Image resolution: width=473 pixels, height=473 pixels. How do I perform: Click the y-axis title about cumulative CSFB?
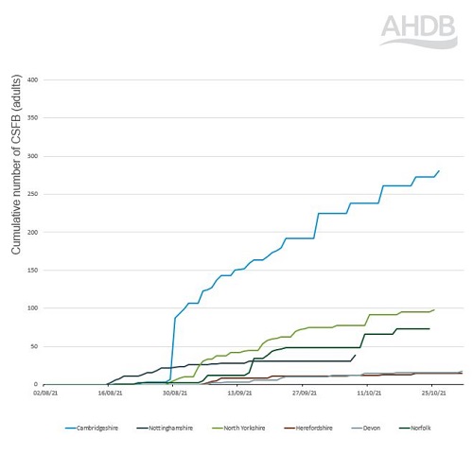pos(17,180)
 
